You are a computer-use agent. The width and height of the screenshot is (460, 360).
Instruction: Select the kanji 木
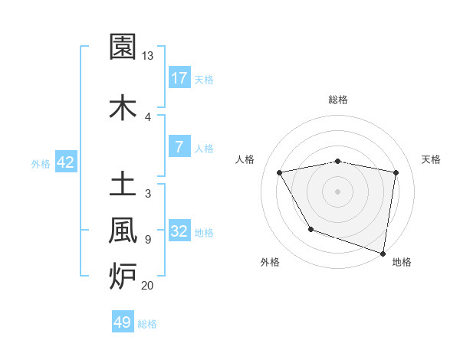tap(123, 107)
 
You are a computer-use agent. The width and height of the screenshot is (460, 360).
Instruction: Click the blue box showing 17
tap(179, 77)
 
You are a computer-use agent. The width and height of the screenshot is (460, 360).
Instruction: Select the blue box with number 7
tap(179, 147)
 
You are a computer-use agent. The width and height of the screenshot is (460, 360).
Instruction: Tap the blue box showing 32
tap(179, 231)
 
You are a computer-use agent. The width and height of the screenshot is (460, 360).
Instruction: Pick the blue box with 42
tap(65, 162)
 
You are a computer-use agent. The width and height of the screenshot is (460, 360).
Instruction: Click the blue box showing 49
tap(123, 322)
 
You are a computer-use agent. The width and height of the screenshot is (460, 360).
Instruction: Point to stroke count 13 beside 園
tap(147, 56)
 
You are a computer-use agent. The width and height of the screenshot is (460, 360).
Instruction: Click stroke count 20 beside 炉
tap(147, 286)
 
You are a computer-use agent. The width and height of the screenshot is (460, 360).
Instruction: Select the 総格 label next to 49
tap(147, 324)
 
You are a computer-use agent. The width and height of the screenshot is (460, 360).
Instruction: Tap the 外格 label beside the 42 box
tap(41, 163)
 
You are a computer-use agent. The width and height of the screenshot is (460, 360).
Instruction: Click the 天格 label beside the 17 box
tap(204, 79)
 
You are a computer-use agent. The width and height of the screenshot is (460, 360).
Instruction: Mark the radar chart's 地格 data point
tap(383, 252)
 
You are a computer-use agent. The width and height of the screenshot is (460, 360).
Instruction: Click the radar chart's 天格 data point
tap(396, 172)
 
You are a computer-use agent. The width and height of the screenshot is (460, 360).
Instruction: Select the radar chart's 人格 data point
tap(280, 173)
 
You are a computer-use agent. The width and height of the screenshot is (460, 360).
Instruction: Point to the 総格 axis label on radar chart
tap(338, 100)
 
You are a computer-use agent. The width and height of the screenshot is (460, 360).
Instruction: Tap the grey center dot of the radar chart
tap(338, 191)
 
